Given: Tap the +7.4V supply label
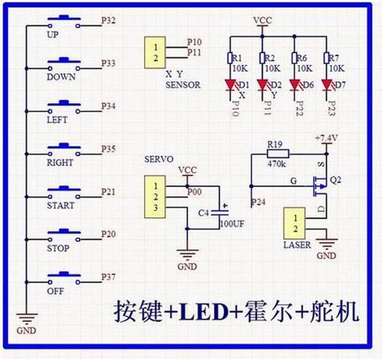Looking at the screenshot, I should (328, 138).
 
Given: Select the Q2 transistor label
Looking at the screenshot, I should (338, 180).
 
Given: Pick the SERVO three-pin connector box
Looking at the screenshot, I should (154, 197).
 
